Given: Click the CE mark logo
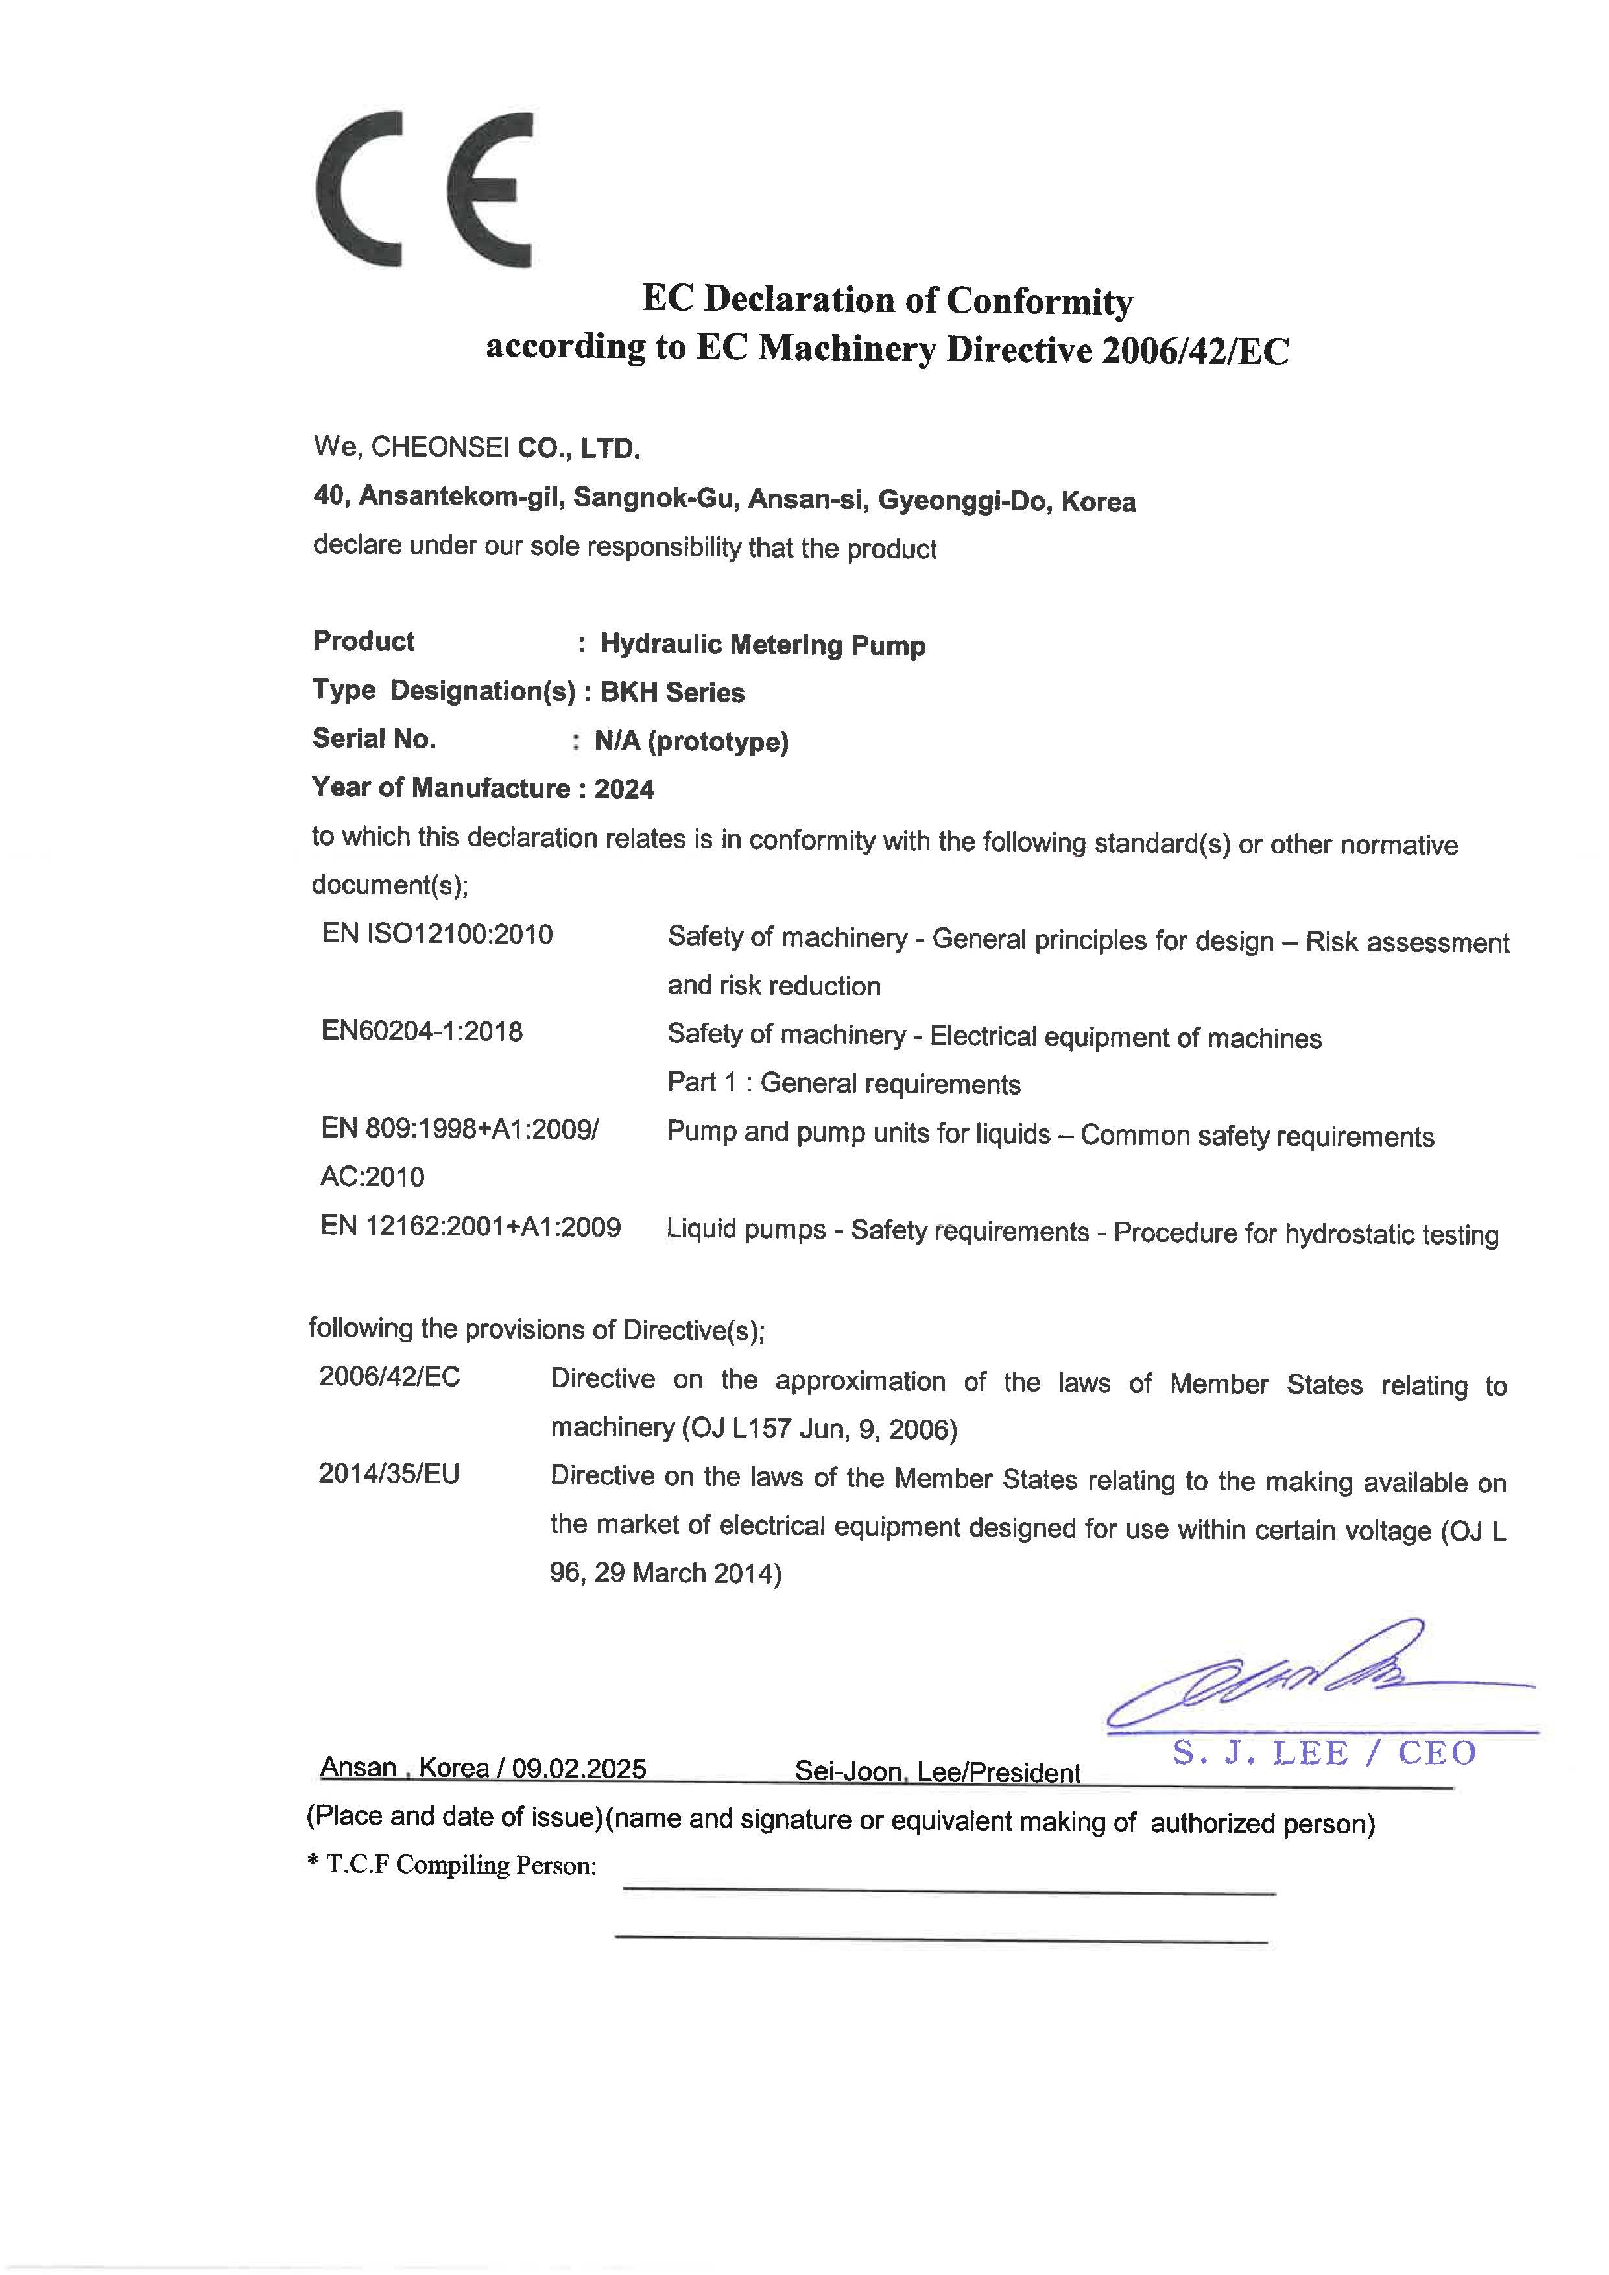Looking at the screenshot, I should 424,189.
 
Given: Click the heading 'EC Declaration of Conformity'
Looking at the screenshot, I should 887,299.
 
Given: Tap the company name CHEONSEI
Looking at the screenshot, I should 440,448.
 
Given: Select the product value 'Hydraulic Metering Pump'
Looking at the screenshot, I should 763,645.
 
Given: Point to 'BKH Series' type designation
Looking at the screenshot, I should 673,693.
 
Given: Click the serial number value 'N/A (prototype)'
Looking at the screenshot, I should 691,741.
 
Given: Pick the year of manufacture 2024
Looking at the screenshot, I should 624,790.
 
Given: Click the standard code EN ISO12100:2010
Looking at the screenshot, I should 437,935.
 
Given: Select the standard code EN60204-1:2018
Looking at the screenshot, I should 421,1032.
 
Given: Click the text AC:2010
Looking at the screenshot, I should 372,1177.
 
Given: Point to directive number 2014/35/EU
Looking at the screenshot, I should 389,1473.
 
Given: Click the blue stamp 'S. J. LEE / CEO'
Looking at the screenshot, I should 1324,1753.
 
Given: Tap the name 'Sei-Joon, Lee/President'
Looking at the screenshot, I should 936,1772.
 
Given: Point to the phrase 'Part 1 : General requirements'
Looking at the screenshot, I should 843,1083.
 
